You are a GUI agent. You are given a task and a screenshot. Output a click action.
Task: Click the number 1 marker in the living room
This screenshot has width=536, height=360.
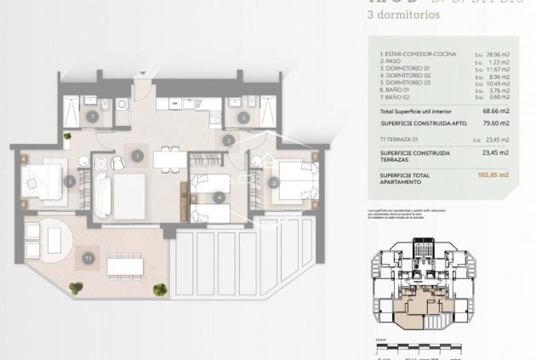[x=138, y=155]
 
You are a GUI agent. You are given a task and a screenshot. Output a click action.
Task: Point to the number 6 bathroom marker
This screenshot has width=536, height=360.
[x=244, y=117]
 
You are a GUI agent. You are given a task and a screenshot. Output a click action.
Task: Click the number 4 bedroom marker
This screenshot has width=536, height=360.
[x=220, y=197]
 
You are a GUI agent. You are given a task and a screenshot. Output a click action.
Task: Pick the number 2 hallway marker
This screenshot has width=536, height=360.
[x=228, y=140]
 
